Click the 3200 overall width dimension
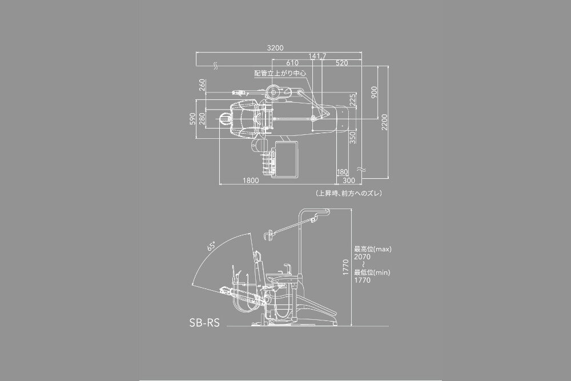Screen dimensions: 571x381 tap(275, 48)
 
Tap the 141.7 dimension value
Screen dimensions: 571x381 tap(317, 56)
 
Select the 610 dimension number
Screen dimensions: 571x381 tap(292, 63)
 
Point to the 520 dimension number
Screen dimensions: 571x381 tap(342, 63)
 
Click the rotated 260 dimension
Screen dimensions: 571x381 tap(203, 85)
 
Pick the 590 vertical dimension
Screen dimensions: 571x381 tap(193, 118)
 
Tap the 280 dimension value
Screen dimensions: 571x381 tap(202, 118)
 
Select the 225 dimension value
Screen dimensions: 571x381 tap(352, 99)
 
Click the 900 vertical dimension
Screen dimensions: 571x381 tap(374, 92)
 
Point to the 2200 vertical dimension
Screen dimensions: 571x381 tap(384, 121)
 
